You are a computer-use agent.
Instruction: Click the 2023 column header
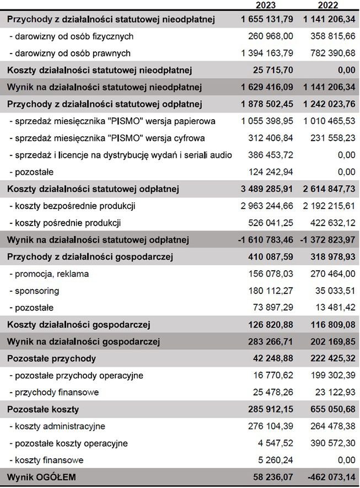point(267,6)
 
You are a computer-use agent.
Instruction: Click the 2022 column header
point(328,6)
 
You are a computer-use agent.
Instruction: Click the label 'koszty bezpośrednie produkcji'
point(73,206)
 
